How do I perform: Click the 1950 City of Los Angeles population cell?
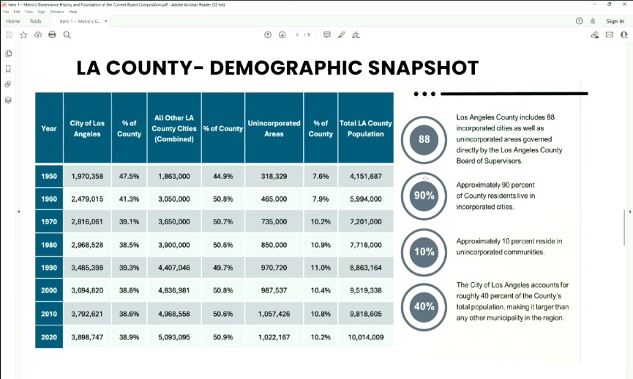pos(87,177)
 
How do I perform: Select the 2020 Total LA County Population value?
pos(366,337)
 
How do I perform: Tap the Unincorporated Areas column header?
pos(274,128)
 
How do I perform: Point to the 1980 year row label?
pos(49,245)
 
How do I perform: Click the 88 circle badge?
pos(424,139)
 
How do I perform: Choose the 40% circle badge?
pos(424,306)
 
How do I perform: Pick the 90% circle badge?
pos(424,196)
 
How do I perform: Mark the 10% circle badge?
pos(424,251)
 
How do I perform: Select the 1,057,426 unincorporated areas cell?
pos(274,314)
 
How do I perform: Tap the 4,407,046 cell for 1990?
pos(174,268)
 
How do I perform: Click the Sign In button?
pos(615,21)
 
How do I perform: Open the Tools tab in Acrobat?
pos(35,21)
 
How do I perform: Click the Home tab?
pos(13,21)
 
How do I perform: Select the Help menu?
pos(73,12)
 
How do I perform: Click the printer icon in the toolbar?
pos(52,34)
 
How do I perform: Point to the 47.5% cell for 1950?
pos(129,177)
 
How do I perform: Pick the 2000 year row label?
pos(49,291)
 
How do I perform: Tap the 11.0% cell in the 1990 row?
pos(321,268)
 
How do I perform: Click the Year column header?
pos(49,128)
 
